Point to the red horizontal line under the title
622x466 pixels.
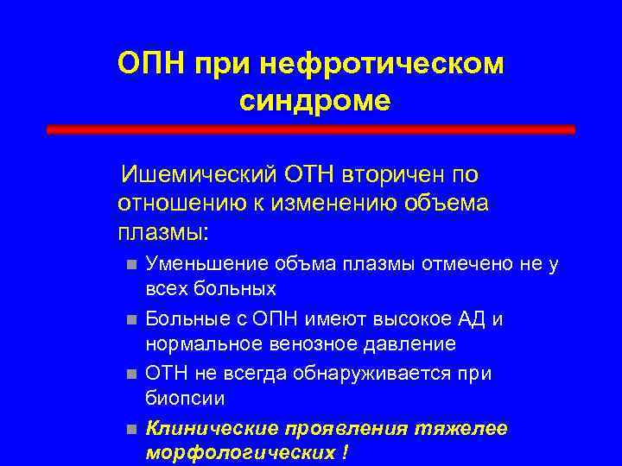pyautogui.click(x=310, y=129)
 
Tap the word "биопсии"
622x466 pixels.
pyautogui.click(x=184, y=399)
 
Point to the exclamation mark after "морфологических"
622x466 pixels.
pyautogui.click(x=347, y=453)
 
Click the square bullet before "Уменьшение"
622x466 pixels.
pyautogui.click(x=130, y=264)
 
